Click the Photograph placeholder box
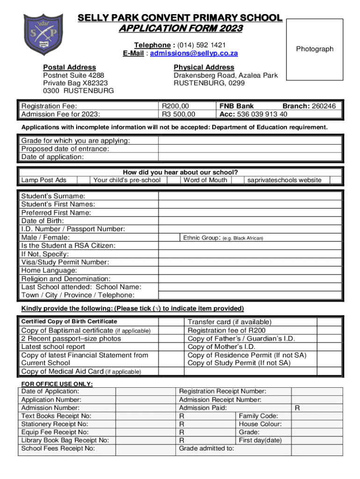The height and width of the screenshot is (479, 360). (315, 49)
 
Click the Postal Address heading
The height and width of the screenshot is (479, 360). (69, 67)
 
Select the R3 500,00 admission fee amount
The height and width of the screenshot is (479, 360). (179, 114)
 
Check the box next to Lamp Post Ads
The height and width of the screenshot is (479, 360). (83, 180)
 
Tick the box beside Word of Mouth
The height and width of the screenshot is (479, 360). (237, 180)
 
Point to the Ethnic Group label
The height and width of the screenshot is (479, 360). (201, 238)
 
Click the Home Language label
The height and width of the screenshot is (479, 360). (49, 270)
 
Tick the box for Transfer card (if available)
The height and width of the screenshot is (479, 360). (329, 322)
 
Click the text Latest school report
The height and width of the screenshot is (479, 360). (53, 347)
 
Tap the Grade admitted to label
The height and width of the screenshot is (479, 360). (207, 449)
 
